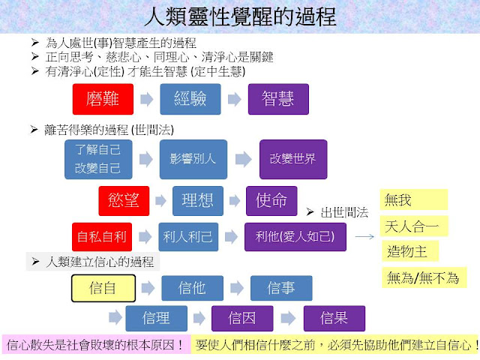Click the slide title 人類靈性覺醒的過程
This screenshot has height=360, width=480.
click(240, 16)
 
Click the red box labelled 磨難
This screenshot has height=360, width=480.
click(103, 98)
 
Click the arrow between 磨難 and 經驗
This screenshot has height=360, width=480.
click(146, 98)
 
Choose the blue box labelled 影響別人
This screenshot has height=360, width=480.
click(191, 158)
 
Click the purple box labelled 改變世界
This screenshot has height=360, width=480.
click(292, 158)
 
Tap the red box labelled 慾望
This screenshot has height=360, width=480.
click(124, 200)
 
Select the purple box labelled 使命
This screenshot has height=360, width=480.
click(271, 200)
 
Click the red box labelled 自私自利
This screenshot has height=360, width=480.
click(103, 236)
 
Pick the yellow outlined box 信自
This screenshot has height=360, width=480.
click(103, 288)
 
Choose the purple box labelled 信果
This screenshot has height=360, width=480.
click(334, 318)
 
